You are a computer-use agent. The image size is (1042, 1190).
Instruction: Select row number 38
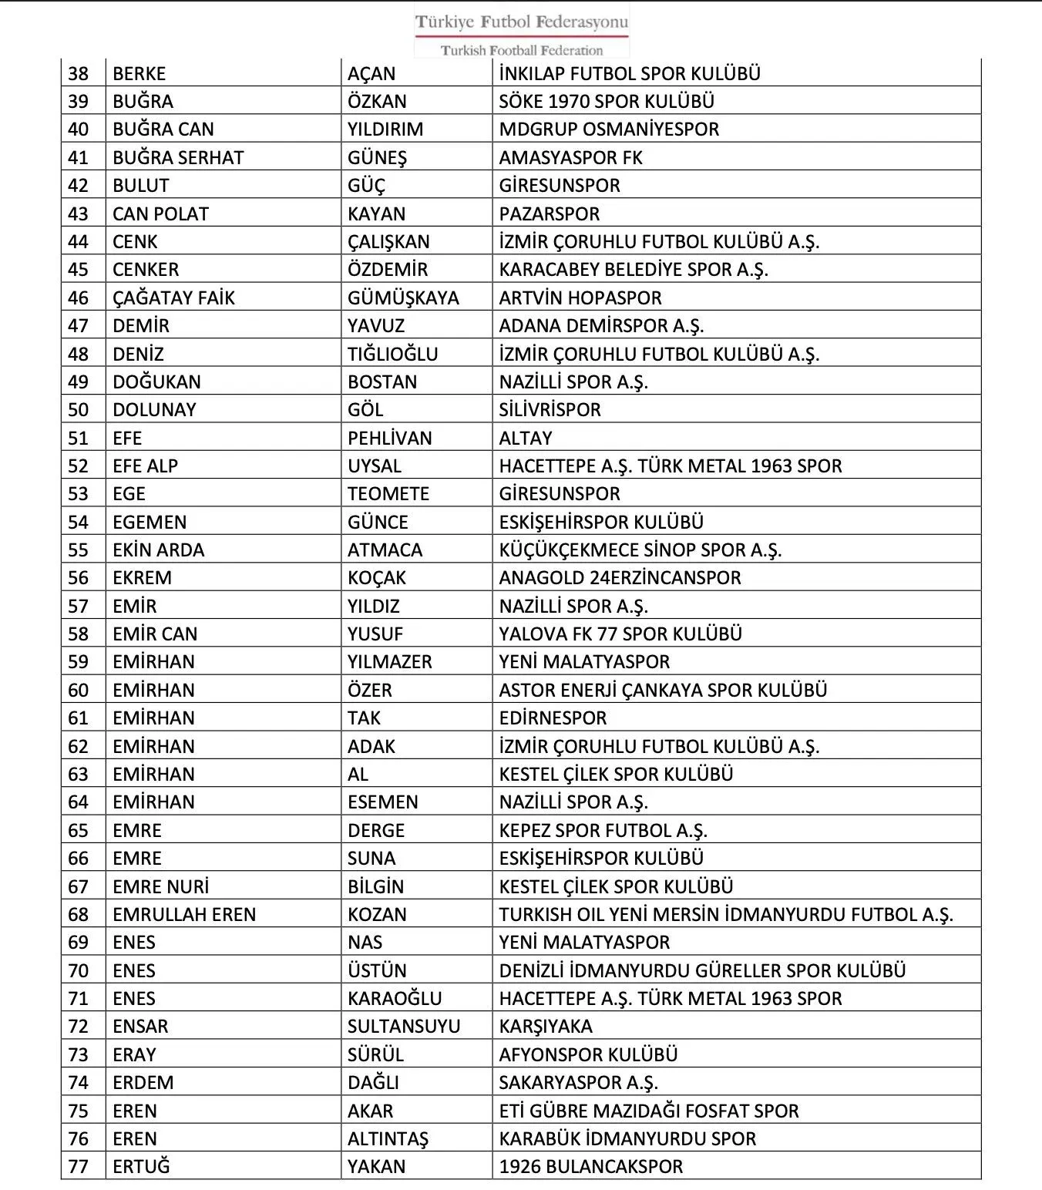pos(79,74)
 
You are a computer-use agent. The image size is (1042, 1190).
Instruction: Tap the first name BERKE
pos(139,74)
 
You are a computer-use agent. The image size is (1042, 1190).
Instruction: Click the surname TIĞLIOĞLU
pos(392,355)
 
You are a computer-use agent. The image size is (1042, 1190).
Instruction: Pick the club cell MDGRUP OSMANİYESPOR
pos(609,129)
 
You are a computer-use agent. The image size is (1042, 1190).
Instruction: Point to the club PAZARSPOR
pos(549,214)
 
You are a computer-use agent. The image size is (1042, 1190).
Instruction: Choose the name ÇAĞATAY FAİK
pos(173,298)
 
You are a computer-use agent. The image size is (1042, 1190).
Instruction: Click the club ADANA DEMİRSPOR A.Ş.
pos(601,326)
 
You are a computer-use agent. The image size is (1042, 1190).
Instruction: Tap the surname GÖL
pos(365,410)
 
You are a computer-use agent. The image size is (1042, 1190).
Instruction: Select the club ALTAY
pos(526,439)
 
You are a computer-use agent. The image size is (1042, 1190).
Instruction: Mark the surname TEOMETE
pos(388,494)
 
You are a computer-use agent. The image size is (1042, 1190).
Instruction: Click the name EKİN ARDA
pos(158,550)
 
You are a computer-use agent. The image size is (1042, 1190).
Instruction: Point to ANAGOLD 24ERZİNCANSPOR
pos(620,578)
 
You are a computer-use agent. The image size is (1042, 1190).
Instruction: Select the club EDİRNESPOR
pos(553,718)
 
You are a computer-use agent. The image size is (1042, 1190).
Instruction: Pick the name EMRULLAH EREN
pos(184,915)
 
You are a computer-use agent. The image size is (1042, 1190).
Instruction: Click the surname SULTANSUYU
pos(404,1027)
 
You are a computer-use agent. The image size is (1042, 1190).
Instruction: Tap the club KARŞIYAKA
pos(546,1027)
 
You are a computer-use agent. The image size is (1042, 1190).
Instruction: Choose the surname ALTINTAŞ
pos(388,1139)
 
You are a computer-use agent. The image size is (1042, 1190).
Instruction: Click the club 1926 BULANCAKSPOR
pos(590,1167)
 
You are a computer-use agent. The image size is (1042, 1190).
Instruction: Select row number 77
pos(79,1167)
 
